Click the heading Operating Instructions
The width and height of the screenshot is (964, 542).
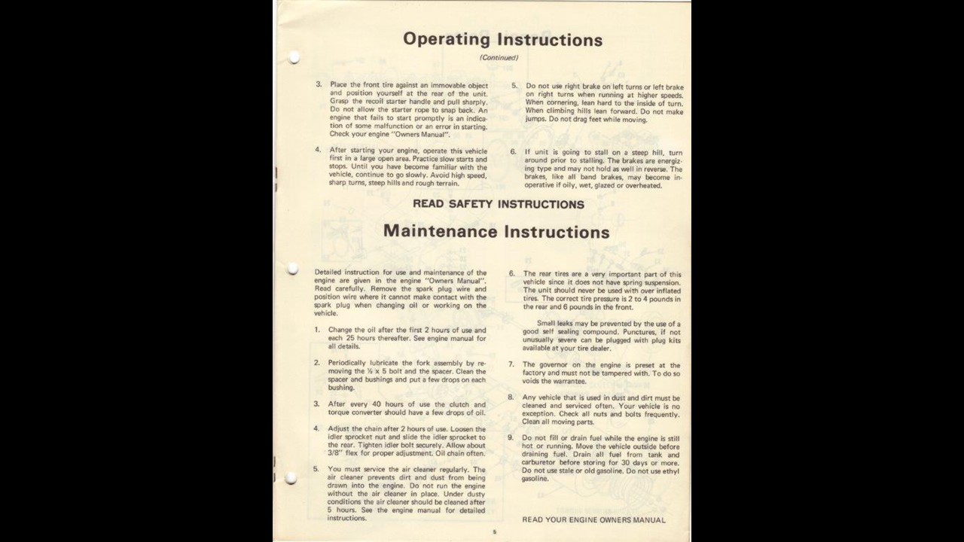pyautogui.click(x=502, y=40)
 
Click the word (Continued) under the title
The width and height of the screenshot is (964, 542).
pyautogui.click(x=499, y=58)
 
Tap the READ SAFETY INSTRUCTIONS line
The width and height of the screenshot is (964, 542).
pyautogui.click(x=498, y=204)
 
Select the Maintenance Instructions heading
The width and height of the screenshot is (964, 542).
pyautogui.click(x=496, y=232)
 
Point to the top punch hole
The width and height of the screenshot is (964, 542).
pyautogui.click(x=294, y=57)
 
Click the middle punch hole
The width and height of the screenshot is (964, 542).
pyautogui.click(x=293, y=269)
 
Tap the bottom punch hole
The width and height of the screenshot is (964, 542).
pyautogui.click(x=291, y=478)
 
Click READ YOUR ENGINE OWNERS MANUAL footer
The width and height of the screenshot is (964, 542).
pyautogui.click(x=593, y=520)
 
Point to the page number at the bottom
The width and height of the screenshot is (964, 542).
pyautogui.click(x=495, y=532)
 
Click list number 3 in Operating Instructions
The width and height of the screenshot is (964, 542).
pyautogui.click(x=319, y=85)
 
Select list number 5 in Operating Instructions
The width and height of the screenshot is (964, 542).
pyautogui.click(x=514, y=87)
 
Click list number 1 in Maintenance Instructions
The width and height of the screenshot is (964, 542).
pyautogui.click(x=317, y=330)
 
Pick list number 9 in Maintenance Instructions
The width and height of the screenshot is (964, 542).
pyautogui.click(x=511, y=438)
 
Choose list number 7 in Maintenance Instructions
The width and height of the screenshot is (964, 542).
pyautogui.click(x=511, y=365)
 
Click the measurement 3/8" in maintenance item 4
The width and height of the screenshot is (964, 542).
pyautogui.click(x=336, y=454)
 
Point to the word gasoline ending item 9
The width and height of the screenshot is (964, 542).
pyautogui.click(x=535, y=479)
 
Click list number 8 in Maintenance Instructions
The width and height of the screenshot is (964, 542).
pyautogui.click(x=511, y=397)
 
